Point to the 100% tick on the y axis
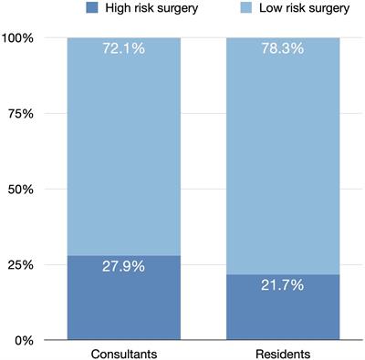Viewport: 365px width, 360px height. click(x=19, y=38)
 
